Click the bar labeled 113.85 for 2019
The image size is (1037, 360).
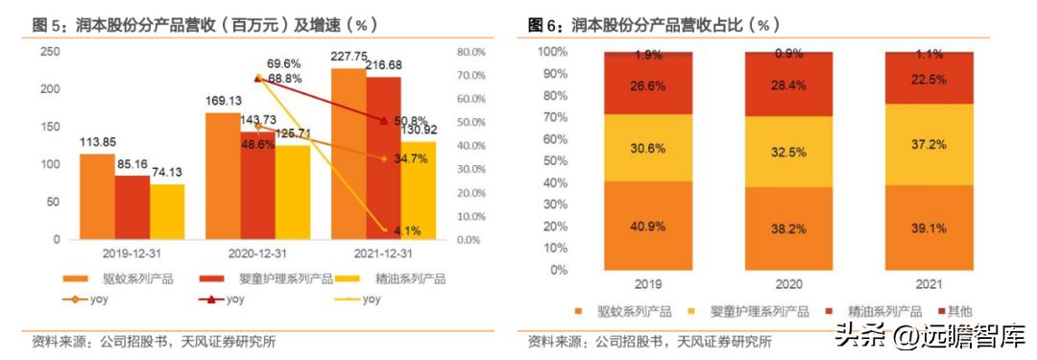click(x=97, y=196)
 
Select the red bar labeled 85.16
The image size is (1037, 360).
click(x=132, y=207)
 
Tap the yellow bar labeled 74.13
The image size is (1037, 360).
click(x=166, y=211)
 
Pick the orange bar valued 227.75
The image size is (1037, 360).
click(x=348, y=154)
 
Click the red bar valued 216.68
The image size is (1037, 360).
click(x=382, y=157)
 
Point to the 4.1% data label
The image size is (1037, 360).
click(x=405, y=230)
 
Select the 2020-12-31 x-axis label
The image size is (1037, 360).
click(x=257, y=253)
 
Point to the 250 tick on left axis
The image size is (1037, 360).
click(x=46, y=52)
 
